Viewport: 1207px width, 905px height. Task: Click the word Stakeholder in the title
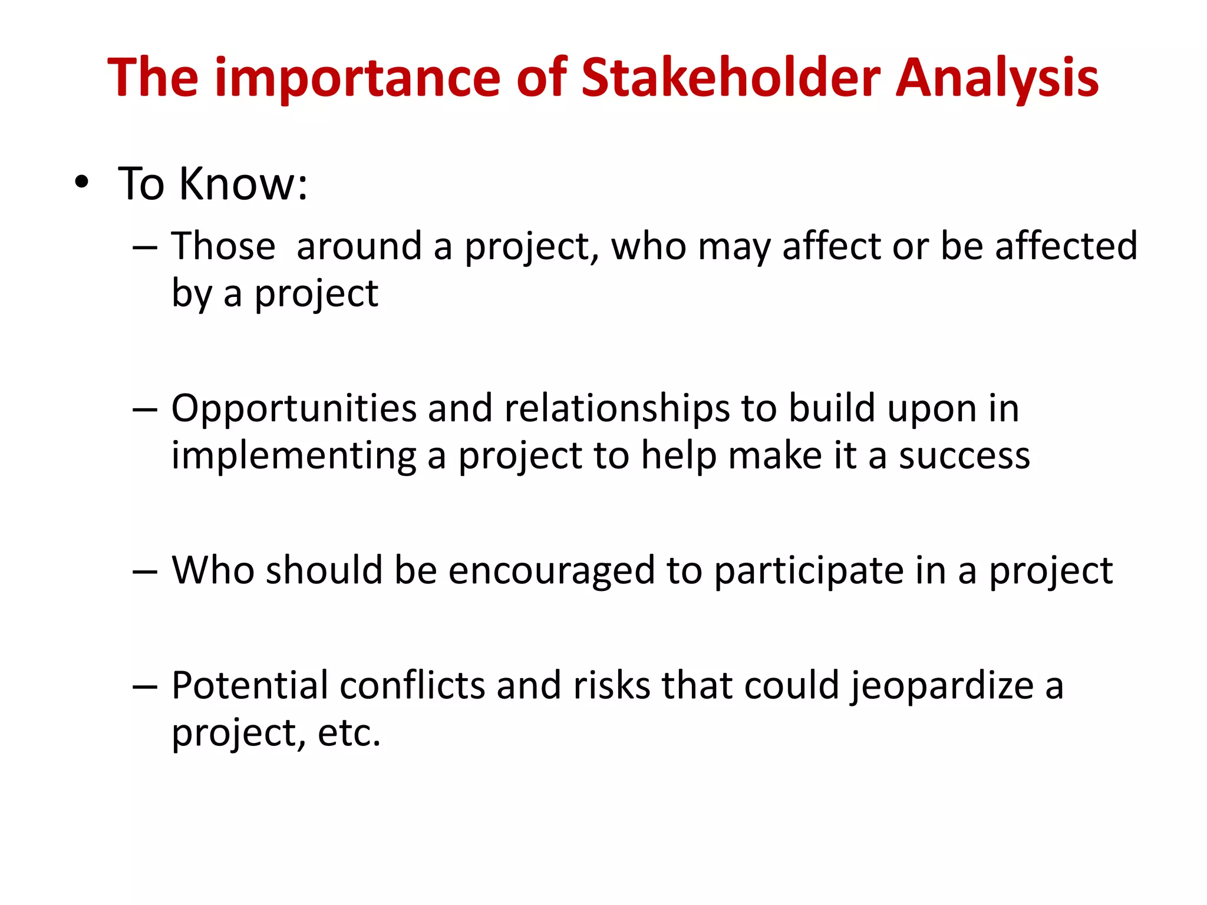click(731, 78)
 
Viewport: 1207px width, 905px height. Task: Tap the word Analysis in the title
click(997, 79)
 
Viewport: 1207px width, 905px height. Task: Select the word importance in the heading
click(358, 79)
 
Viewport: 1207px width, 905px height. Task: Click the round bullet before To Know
click(82, 182)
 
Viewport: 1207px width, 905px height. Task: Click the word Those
click(223, 246)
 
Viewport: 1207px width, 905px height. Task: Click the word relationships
click(617, 408)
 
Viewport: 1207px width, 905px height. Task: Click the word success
click(964, 457)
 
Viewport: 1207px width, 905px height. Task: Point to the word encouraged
click(552, 571)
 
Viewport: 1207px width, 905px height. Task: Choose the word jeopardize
click(942, 686)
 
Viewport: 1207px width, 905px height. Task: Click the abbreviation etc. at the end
click(349, 734)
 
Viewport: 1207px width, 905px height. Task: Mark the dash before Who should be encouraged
click(145, 572)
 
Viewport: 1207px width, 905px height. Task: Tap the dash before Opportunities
click(145, 409)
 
